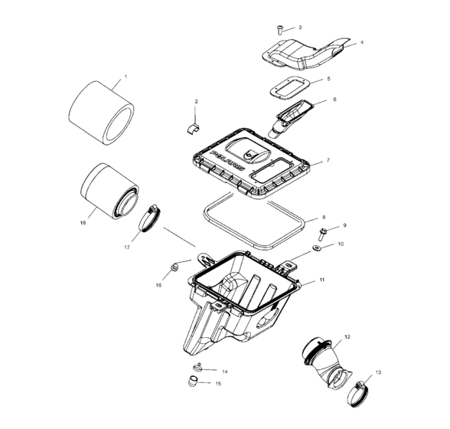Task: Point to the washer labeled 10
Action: [321, 280]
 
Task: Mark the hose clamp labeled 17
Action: [82, 224]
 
